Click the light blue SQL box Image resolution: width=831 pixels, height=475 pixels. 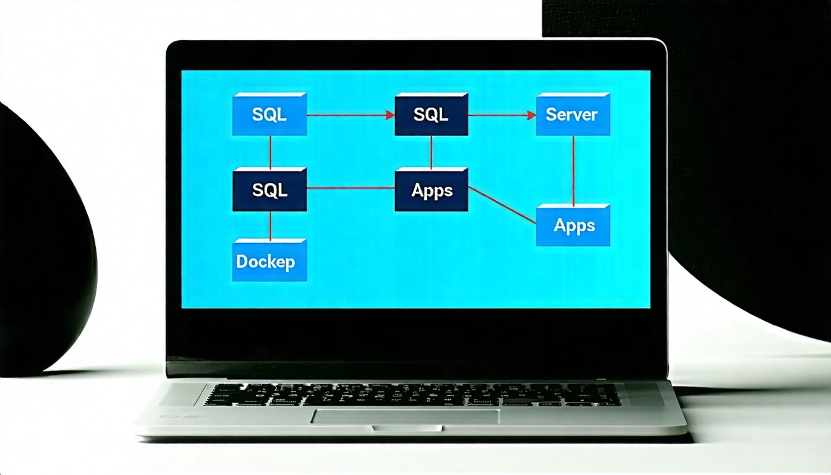[x=269, y=115]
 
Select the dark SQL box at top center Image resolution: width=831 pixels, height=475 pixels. [x=431, y=115]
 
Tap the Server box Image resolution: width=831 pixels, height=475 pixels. [x=573, y=115]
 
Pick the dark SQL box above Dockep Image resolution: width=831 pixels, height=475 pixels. [x=270, y=190]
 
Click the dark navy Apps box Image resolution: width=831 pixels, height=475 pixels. [x=431, y=190]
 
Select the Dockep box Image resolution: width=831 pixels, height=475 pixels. [x=269, y=262]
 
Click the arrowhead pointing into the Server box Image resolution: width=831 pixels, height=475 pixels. [x=531, y=115]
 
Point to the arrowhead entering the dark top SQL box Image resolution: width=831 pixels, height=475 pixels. [x=390, y=115]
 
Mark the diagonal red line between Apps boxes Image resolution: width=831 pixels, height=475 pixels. [x=502, y=205]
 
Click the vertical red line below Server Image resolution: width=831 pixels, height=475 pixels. [x=573, y=170]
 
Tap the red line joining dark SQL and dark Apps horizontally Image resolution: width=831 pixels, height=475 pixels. [x=351, y=187]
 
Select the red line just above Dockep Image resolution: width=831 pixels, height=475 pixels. [x=270, y=225]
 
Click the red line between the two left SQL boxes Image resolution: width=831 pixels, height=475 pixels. [x=270, y=152]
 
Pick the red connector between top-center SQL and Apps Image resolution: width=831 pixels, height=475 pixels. [x=431, y=152]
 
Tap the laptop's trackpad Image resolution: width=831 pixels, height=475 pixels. [x=405, y=416]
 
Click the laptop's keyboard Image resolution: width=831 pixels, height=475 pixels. [x=412, y=394]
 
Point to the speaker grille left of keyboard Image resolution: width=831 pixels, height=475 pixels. [x=182, y=394]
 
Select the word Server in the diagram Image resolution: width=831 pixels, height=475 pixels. [x=572, y=114]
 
